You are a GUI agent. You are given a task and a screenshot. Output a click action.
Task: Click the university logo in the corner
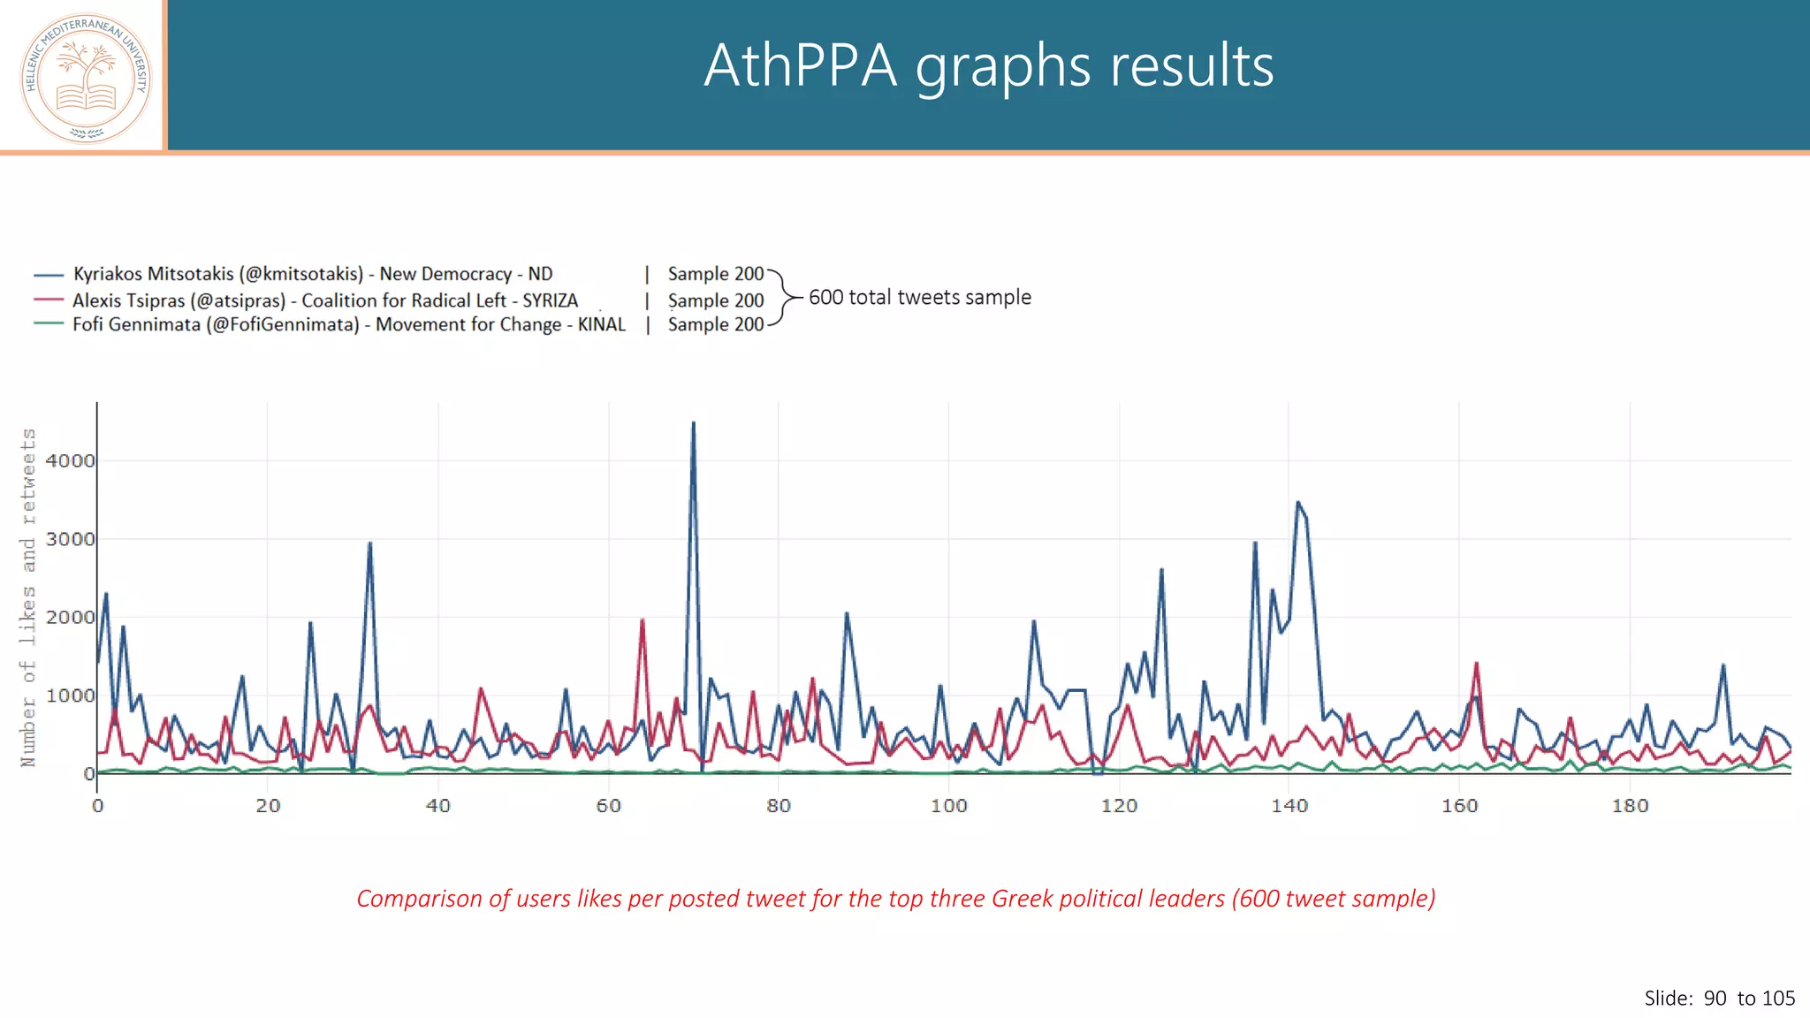pyautogui.click(x=86, y=78)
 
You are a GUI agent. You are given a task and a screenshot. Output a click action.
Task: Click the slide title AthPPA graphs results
pyautogui.click(x=988, y=65)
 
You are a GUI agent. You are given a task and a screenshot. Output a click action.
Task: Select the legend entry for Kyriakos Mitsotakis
pyautogui.click(x=312, y=274)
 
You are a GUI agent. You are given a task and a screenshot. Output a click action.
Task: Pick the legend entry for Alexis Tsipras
pyautogui.click(x=324, y=300)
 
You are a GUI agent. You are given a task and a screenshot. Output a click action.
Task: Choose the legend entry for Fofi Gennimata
pyautogui.click(x=348, y=324)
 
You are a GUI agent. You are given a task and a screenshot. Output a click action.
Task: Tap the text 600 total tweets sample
pyautogui.click(x=919, y=297)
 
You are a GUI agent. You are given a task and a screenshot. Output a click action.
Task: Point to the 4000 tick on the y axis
pyautogui.click(x=70, y=460)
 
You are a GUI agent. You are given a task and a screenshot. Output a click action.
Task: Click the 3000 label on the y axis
pyautogui.click(x=70, y=539)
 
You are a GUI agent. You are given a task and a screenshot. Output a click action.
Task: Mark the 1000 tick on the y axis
pyautogui.click(x=70, y=695)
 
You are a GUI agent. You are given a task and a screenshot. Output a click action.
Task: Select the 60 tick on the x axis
pyautogui.click(x=608, y=805)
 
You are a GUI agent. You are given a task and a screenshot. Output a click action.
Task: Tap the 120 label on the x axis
pyautogui.click(x=1119, y=805)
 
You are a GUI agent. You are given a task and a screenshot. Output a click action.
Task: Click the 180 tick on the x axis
pyautogui.click(x=1630, y=805)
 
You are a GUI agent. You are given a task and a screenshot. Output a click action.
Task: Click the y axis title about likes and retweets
pyautogui.click(x=28, y=597)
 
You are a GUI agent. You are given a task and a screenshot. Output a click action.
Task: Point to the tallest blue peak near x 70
pyautogui.click(x=694, y=424)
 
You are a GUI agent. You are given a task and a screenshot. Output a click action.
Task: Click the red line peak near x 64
pyautogui.click(x=643, y=620)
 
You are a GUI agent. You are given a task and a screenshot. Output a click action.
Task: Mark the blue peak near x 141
pyautogui.click(x=1297, y=503)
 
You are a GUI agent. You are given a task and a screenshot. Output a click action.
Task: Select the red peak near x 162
pyautogui.click(x=1476, y=664)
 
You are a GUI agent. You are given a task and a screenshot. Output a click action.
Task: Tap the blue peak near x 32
pyautogui.click(x=369, y=543)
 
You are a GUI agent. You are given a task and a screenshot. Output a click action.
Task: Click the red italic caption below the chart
pyautogui.click(x=895, y=898)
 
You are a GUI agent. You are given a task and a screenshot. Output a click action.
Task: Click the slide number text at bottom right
pyautogui.click(x=1719, y=998)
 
